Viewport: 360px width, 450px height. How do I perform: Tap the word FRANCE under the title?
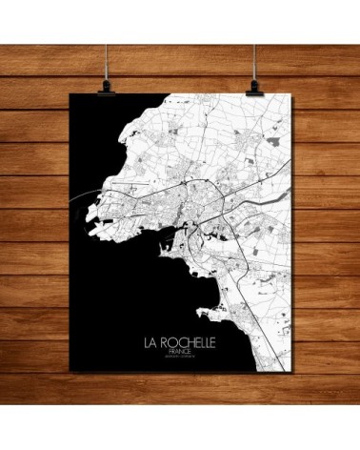click(180, 351)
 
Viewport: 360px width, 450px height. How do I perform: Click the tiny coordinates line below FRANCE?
click(180, 358)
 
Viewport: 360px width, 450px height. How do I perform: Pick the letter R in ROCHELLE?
click(165, 339)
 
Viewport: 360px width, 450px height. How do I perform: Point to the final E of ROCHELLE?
click(214, 339)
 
